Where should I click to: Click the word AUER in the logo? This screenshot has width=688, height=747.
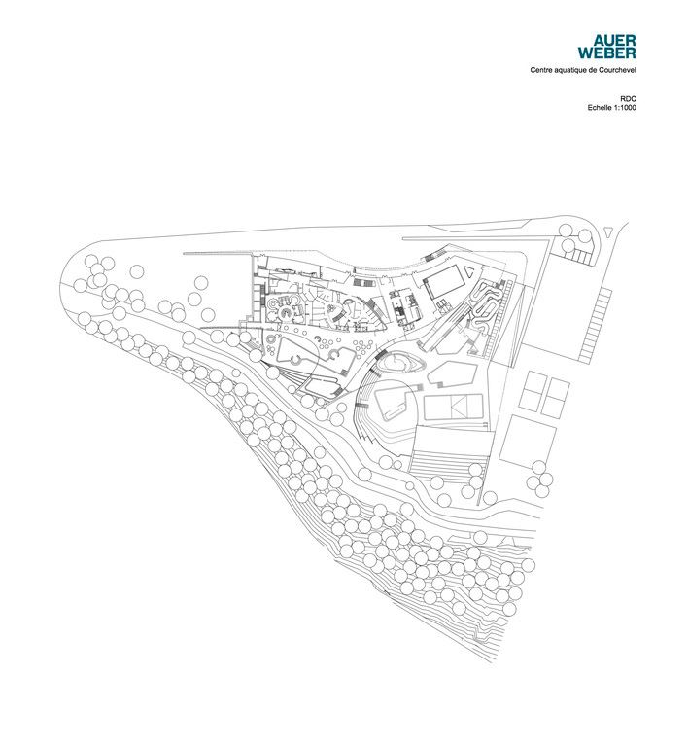click(x=614, y=41)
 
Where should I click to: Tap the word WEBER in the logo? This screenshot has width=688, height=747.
click(x=606, y=53)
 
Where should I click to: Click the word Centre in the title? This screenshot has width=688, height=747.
click(x=540, y=70)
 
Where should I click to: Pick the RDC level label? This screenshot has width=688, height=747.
click(x=628, y=98)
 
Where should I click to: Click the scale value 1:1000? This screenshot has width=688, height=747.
click(x=624, y=108)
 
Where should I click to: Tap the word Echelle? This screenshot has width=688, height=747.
click(x=599, y=108)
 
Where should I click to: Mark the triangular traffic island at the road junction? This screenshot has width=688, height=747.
click(x=607, y=231)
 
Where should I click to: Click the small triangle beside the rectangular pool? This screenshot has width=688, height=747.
click(x=470, y=271)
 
